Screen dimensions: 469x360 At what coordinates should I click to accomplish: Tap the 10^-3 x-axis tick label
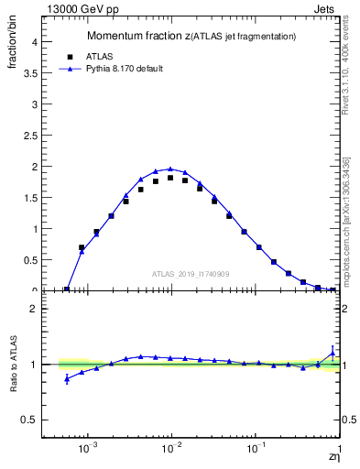tap(88, 451)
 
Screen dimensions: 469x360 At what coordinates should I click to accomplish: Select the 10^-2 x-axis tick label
tap(171, 451)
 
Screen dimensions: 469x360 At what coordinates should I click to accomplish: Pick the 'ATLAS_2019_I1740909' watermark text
tap(191, 274)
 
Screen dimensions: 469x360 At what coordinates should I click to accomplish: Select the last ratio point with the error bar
tap(333, 353)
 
